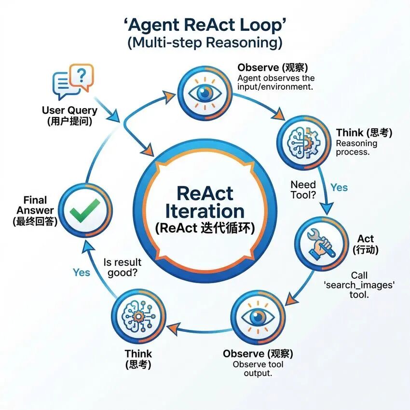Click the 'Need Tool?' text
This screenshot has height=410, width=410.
pos(303,190)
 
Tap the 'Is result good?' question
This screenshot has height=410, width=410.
pos(123,268)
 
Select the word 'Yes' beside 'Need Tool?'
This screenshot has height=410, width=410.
pos(339,187)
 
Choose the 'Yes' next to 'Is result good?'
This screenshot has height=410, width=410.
pos(82,273)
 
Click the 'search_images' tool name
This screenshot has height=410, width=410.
pos(359,285)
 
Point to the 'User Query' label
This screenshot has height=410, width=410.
pos(69,110)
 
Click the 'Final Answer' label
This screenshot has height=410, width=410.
pos(35,205)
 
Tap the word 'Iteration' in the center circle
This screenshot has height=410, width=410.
pos(205,211)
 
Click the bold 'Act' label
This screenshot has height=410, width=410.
pos(366,239)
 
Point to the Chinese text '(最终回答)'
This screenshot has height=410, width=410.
pos(35,221)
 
